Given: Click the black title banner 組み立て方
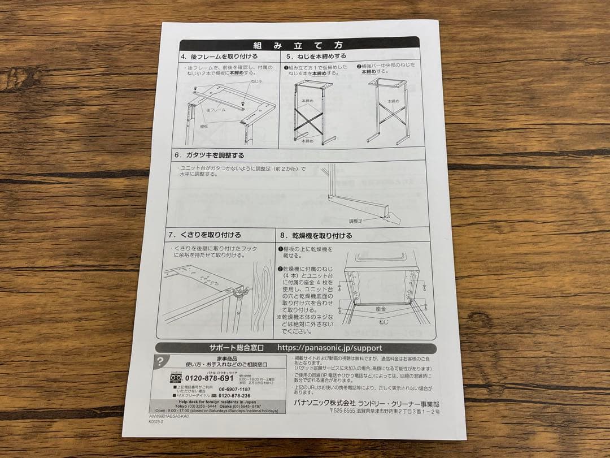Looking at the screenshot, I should [299, 44].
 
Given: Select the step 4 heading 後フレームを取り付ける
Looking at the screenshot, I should [220, 57].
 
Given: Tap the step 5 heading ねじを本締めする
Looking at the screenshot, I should [316, 57].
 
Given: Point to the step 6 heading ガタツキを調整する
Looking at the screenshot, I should [210, 155].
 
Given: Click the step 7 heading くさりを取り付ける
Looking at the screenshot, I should [204, 235].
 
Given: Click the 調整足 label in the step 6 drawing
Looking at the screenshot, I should [356, 221].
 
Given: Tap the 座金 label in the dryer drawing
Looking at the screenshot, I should [381, 309].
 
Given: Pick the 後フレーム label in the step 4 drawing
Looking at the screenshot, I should [216, 109].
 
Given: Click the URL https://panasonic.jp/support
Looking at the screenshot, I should [330, 348].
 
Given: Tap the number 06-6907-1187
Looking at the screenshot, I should [234, 389].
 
